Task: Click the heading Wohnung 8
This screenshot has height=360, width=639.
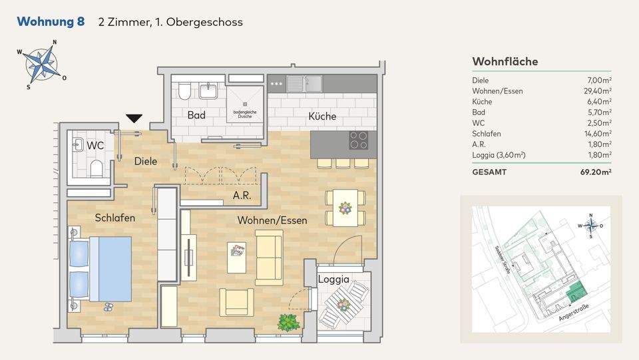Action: [51, 22]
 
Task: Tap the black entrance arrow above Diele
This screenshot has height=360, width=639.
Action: [134, 118]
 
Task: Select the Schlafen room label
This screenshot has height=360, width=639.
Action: [115, 218]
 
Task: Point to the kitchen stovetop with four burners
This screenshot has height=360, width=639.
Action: [359, 140]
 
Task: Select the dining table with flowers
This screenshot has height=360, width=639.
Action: [345, 208]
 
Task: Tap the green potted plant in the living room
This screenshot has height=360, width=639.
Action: [288, 323]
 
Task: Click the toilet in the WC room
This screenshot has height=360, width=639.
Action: [95, 168]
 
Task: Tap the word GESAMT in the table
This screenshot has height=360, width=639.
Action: [489, 172]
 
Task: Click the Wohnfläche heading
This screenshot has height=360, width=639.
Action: [505, 62]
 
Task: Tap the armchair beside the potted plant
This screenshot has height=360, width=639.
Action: [236, 301]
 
